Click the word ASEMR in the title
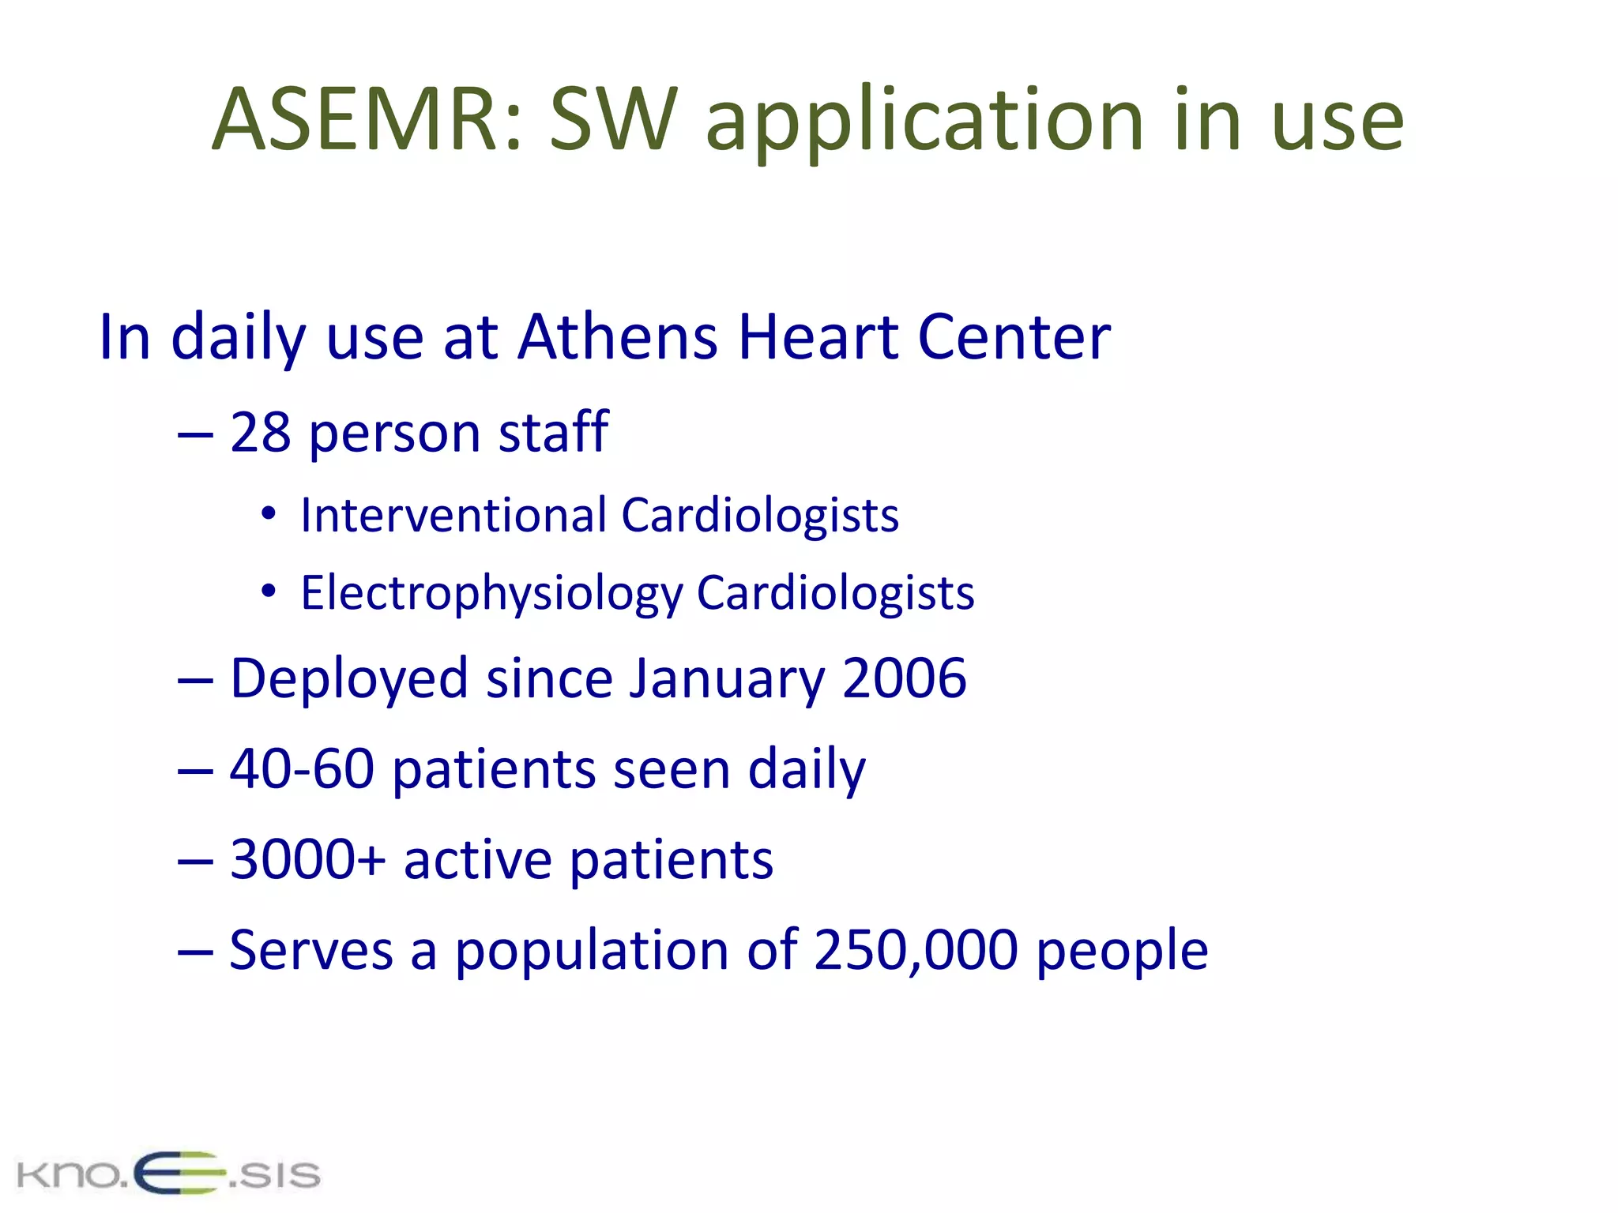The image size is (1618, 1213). click(x=356, y=120)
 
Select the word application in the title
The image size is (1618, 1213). click(x=924, y=122)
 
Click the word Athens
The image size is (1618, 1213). click(x=617, y=337)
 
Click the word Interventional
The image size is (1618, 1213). click(x=453, y=516)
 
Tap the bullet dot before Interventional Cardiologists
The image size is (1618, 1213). click(x=269, y=514)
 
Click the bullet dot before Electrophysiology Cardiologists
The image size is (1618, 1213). click(x=269, y=591)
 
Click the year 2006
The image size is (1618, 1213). click(x=904, y=678)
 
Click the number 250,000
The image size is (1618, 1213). click(x=916, y=950)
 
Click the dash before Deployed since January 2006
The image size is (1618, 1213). click(x=195, y=680)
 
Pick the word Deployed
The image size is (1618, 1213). click(x=348, y=680)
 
